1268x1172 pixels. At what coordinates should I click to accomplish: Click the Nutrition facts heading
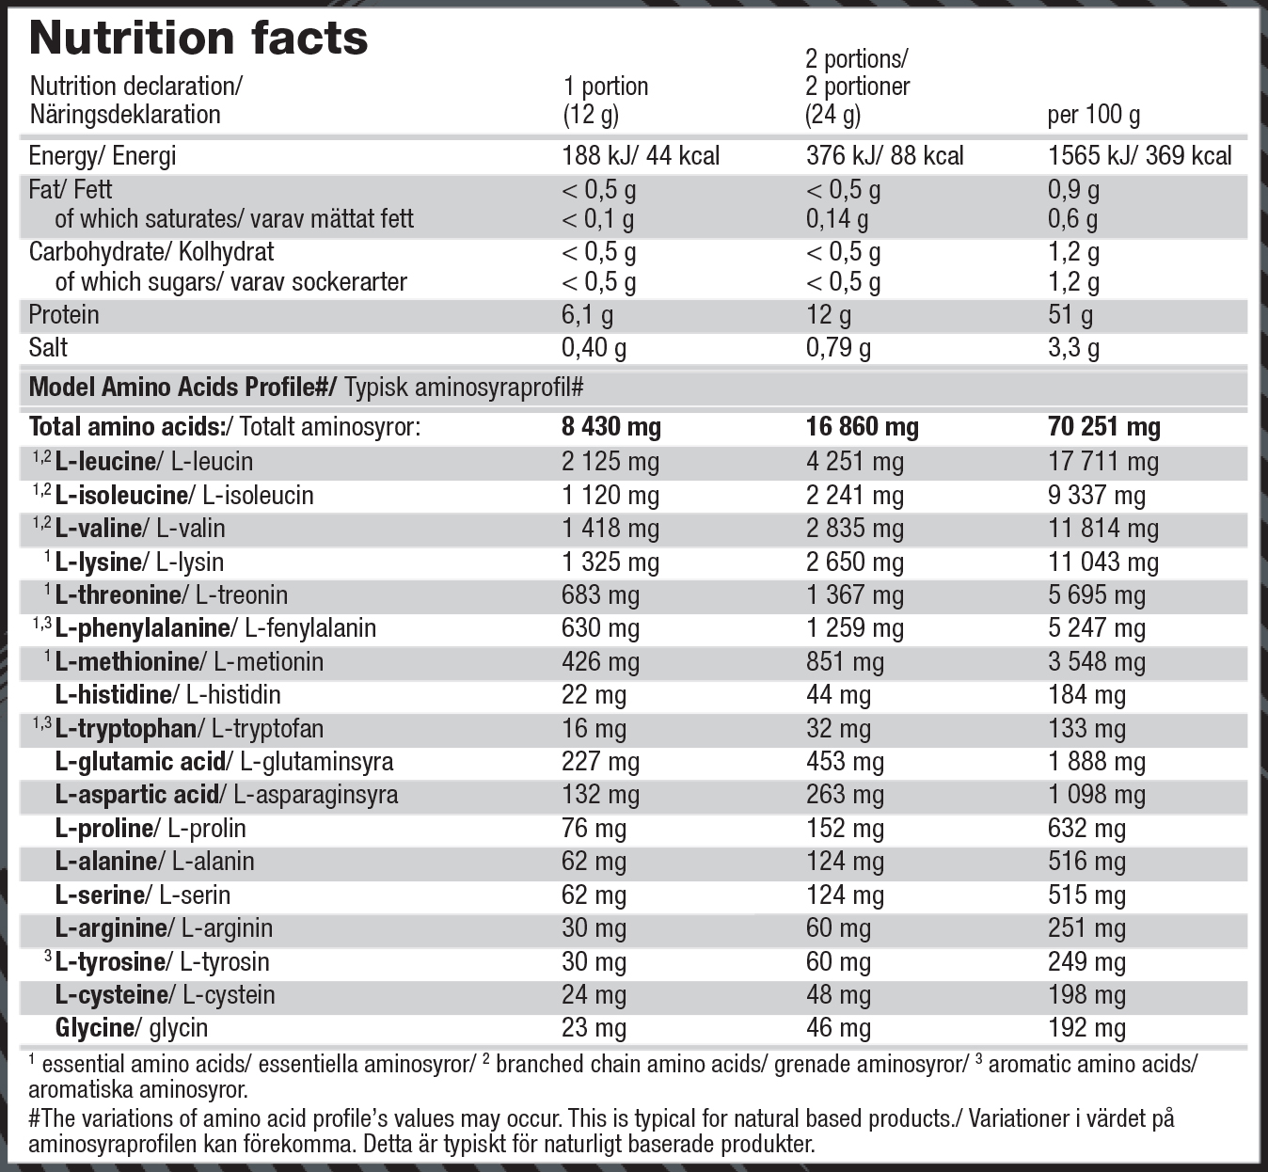tap(198, 40)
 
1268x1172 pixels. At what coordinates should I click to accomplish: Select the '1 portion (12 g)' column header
tap(605, 101)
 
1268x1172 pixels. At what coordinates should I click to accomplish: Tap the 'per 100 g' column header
tap(1093, 115)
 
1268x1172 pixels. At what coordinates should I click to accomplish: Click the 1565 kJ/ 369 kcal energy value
tap(1139, 156)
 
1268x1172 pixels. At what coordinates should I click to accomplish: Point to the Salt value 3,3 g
tap(1073, 348)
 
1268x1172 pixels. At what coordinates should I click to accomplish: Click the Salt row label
tap(48, 348)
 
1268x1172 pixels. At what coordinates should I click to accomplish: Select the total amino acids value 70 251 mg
tap(1103, 427)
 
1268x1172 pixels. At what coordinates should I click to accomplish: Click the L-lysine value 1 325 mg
tap(610, 562)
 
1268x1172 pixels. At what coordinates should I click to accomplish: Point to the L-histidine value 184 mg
tap(1086, 695)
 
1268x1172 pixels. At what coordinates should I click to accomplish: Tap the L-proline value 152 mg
tap(845, 829)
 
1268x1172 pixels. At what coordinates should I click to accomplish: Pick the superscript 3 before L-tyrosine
tap(47, 957)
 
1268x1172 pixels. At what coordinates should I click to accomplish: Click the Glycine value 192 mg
tap(1086, 1028)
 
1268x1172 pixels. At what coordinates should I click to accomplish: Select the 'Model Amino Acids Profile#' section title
tap(182, 388)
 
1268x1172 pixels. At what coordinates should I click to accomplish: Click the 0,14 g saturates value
tap(837, 219)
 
